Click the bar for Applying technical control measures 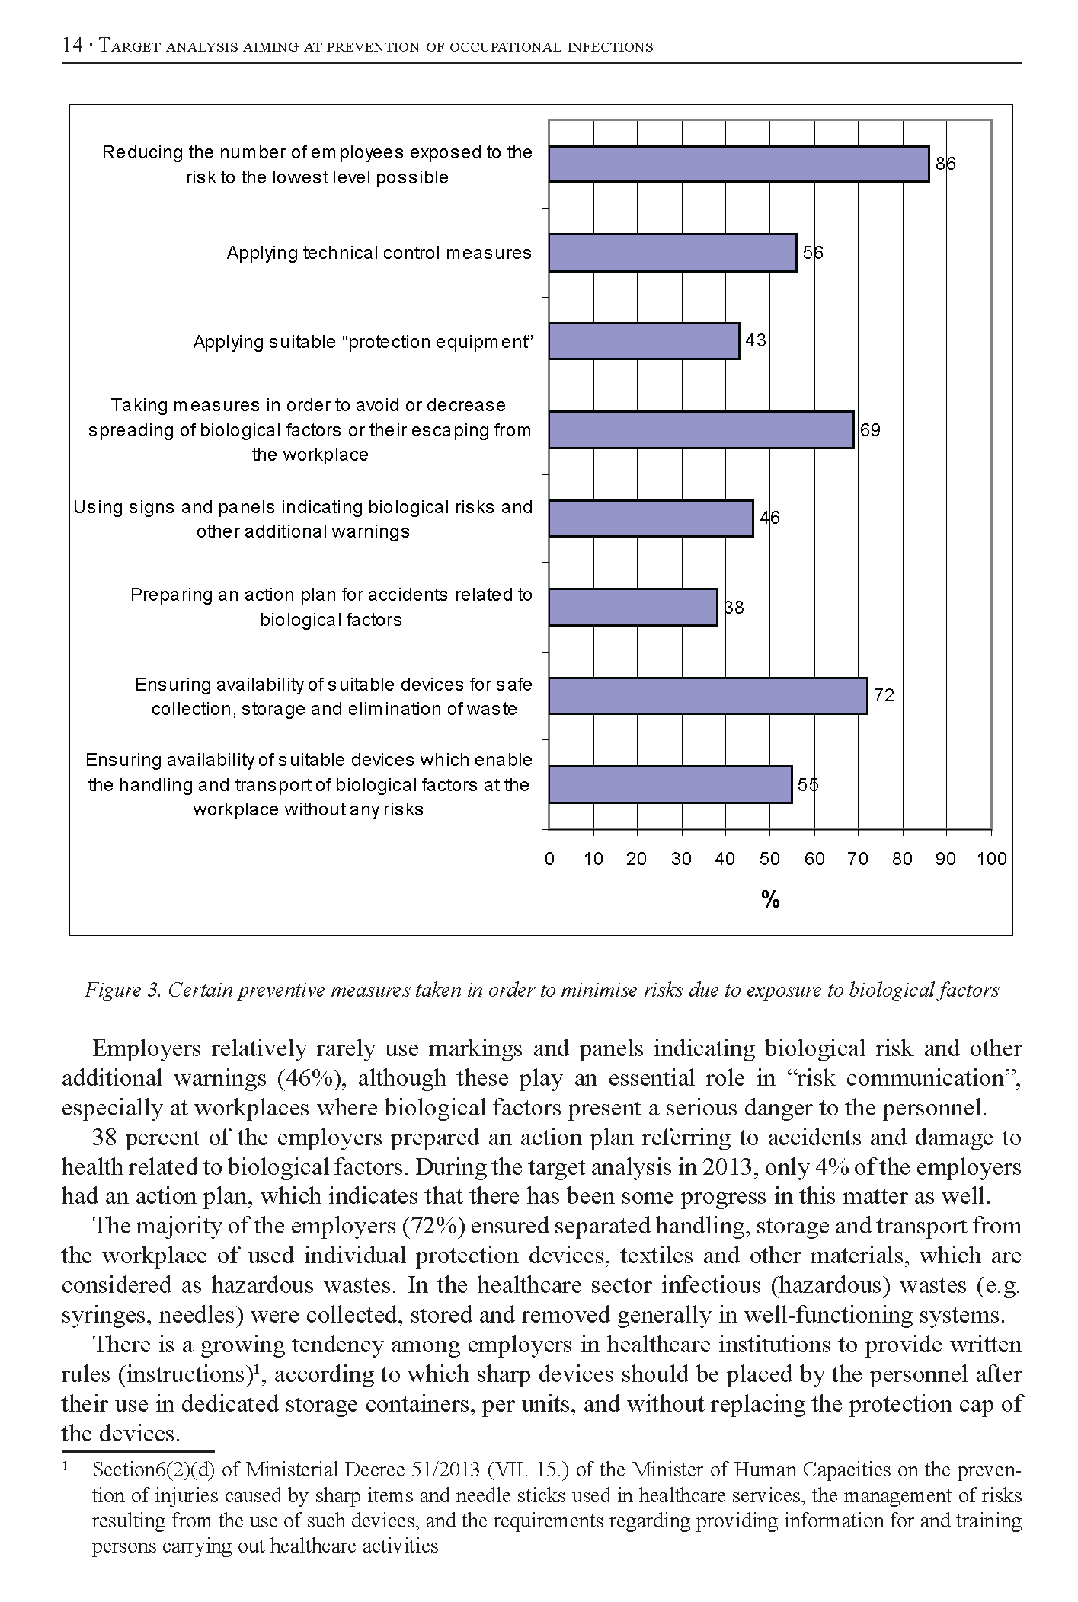673,253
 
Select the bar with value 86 739,164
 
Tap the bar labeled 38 633,607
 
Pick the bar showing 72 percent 708,695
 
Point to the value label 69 870,430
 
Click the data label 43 756,340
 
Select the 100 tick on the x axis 991,859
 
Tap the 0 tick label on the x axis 549,859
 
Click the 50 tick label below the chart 769,859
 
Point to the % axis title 770,900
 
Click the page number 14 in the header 72,46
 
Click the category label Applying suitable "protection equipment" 362,342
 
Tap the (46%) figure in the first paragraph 300,1078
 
